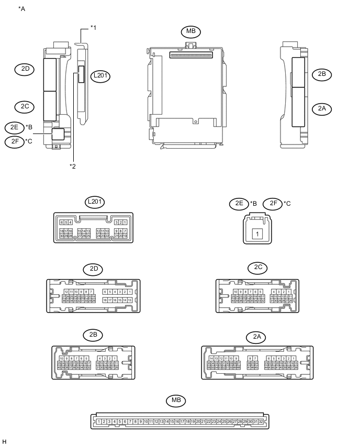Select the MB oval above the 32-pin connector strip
click(176, 401)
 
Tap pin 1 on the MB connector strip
click(99, 421)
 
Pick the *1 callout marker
click(93, 27)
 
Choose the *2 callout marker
click(73, 166)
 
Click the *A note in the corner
click(21, 9)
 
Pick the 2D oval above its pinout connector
click(94, 269)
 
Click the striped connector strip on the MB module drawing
click(190, 54)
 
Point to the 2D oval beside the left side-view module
click(25, 69)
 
